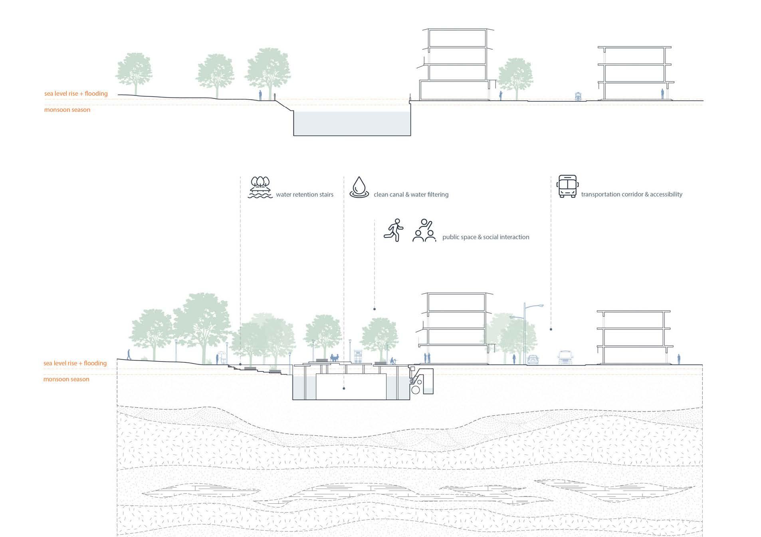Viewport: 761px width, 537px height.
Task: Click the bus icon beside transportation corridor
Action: pyautogui.click(x=567, y=186)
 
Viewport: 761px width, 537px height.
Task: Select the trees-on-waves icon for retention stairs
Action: pyautogui.click(x=260, y=188)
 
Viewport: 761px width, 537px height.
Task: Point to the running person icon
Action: pyautogui.click(x=394, y=230)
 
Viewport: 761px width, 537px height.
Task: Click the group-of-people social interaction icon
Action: pyautogui.click(x=424, y=230)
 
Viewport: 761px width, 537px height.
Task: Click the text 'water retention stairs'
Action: pyautogui.click(x=304, y=195)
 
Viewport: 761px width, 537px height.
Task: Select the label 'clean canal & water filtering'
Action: pyautogui.click(x=411, y=195)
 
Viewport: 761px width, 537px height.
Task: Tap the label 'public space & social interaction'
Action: pyautogui.click(x=486, y=237)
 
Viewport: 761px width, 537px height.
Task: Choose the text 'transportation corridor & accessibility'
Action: pyautogui.click(x=632, y=194)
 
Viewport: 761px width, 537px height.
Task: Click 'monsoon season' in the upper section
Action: pyautogui.click(x=67, y=110)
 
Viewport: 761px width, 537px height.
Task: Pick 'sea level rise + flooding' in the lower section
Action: pyautogui.click(x=75, y=363)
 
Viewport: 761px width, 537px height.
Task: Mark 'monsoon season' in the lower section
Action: pyautogui.click(x=66, y=379)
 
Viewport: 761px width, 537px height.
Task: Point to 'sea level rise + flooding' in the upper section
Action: pyautogui.click(x=76, y=94)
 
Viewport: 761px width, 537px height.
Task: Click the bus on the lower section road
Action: pyautogui.click(x=565, y=357)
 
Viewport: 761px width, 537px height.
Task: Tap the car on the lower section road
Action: pyautogui.click(x=533, y=359)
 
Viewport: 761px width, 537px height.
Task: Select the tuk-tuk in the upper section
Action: pyautogui.click(x=578, y=96)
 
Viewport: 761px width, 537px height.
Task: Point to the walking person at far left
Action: pyautogui.click(x=129, y=354)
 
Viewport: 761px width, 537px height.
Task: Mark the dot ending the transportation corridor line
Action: pyautogui.click(x=551, y=329)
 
